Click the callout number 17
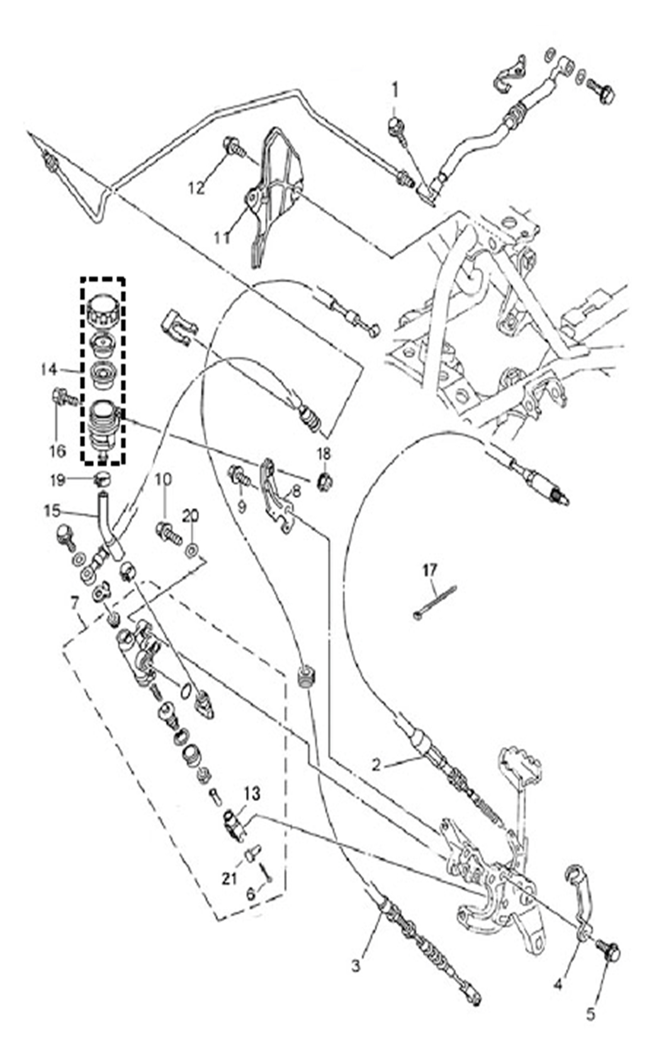[x=429, y=570]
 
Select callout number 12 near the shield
[x=197, y=188]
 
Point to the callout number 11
[x=222, y=238]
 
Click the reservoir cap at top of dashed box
[x=102, y=311]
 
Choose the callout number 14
[x=48, y=370]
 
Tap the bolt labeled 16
[x=64, y=399]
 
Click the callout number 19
[x=57, y=480]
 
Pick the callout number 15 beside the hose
[x=52, y=511]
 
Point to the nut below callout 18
[x=325, y=480]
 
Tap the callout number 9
[x=241, y=507]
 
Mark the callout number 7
[x=75, y=604]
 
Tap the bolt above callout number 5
[x=608, y=951]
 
